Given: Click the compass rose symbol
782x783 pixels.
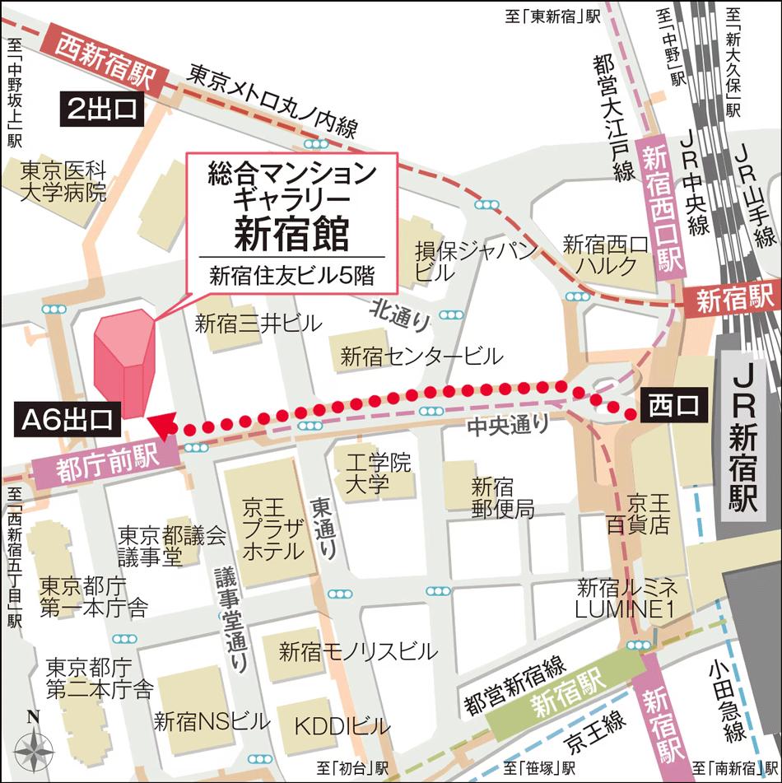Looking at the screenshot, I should [x=34, y=748].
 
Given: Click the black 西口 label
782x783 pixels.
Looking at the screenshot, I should [x=673, y=405].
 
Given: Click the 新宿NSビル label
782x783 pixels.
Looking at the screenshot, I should [x=212, y=722].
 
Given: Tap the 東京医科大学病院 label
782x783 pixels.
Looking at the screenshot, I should [x=63, y=182].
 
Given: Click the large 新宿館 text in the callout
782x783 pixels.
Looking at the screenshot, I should [x=291, y=232].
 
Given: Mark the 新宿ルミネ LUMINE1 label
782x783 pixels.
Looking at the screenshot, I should [x=627, y=599].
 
